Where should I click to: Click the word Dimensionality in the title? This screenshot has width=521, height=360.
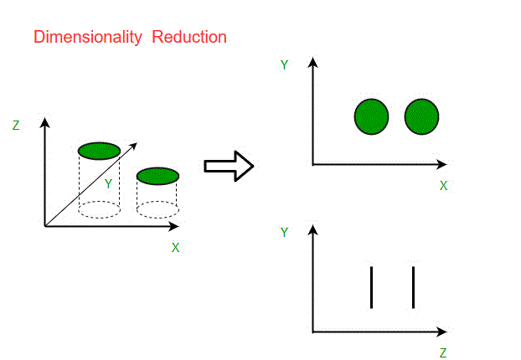tap(88, 38)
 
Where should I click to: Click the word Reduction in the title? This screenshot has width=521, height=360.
tap(189, 37)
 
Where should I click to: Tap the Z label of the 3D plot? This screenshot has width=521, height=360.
tap(16, 126)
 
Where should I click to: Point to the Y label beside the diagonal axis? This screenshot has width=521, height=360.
tap(108, 183)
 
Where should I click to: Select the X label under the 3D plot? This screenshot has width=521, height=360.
tap(175, 248)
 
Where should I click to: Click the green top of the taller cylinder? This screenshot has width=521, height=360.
tap(99, 151)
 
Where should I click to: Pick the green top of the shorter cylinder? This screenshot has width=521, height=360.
tap(157, 176)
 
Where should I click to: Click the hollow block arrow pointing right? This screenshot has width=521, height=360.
tap(229, 166)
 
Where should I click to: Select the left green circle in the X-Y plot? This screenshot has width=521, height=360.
tap(371, 116)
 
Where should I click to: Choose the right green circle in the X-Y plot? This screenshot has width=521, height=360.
tap(421, 116)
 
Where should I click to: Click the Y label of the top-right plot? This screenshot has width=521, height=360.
tap(284, 64)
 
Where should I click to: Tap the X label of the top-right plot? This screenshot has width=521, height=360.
tap(443, 186)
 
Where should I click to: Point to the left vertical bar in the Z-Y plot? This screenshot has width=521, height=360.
tap(371, 287)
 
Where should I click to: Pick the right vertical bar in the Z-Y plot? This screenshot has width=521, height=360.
tap(413, 287)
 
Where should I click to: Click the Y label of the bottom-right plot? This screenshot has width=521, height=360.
tap(284, 232)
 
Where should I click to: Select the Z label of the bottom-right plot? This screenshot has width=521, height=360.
tap(443, 352)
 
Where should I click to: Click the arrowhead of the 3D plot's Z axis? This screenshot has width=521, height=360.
tap(44, 122)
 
